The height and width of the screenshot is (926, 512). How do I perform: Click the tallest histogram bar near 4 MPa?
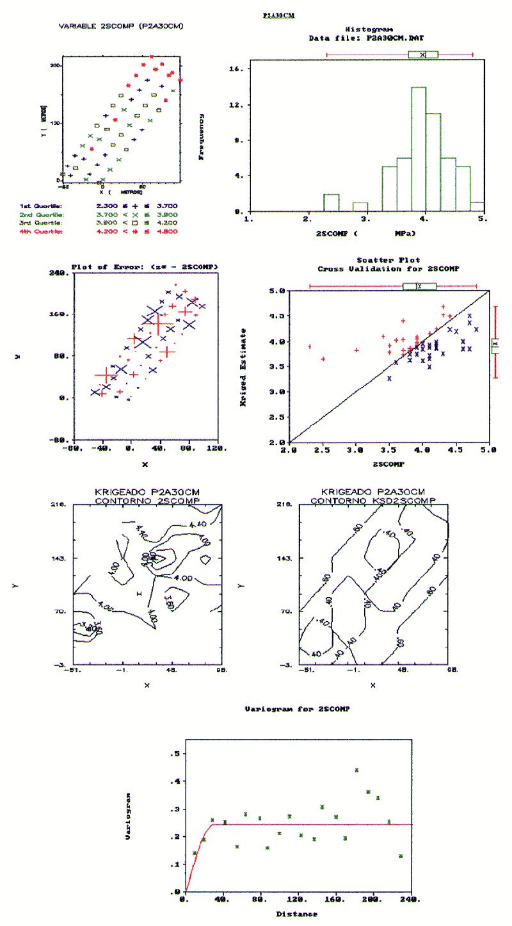point(419,149)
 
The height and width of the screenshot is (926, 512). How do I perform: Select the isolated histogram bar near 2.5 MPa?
point(331,202)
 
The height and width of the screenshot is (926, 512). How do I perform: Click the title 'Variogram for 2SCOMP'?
point(298,710)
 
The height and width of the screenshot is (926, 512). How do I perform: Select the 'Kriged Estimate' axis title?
point(244,359)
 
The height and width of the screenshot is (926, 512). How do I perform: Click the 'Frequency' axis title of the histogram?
point(202,136)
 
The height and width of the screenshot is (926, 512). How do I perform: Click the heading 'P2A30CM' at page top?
point(279,14)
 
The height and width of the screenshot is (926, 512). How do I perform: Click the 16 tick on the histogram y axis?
point(237,69)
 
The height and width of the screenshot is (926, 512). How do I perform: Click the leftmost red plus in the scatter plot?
point(310,346)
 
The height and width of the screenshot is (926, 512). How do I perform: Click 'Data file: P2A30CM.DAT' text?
point(365,38)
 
